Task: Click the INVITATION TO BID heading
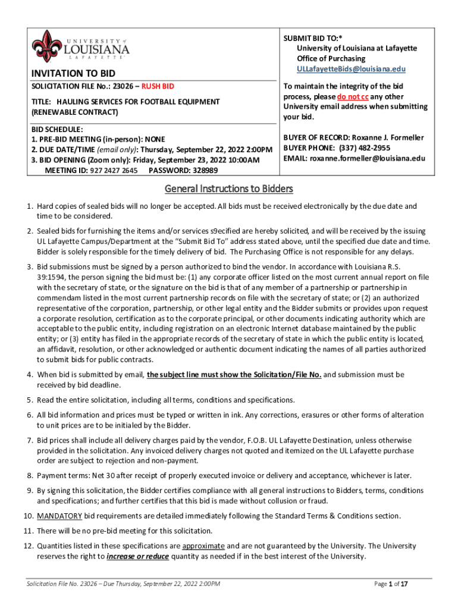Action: pyautogui.click(x=73, y=73)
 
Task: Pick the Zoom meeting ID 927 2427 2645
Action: pyautogui.click(x=114, y=171)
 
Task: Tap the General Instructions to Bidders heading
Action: pyautogui.click(x=228, y=189)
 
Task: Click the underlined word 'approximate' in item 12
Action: pyautogui.click(x=203, y=546)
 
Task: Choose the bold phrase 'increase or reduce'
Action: pyautogui.click(x=138, y=557)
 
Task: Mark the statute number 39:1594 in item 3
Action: pyautogui.click(x=52, y=277)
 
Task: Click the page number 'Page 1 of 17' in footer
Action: pyautogui.click(x=390, y=584)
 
